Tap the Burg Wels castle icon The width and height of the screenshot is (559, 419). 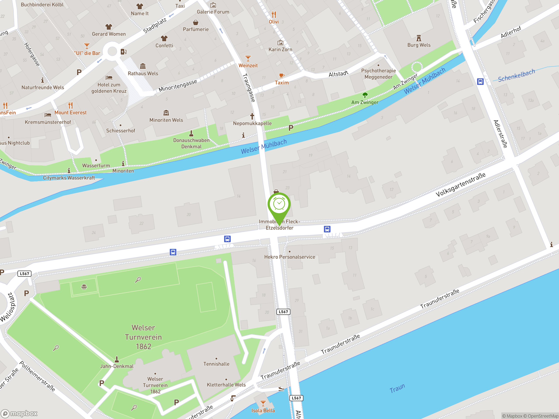[419, 38]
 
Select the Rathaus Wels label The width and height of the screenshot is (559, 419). [143, 74]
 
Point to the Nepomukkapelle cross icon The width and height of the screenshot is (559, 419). [252, 116]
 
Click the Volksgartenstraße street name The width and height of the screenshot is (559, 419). [461, 185]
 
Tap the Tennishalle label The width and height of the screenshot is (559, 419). [216, 364]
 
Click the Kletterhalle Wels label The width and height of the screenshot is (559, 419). [226, 385]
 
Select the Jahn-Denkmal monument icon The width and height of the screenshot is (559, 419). [117, 359]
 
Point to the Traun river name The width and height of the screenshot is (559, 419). [397, 388]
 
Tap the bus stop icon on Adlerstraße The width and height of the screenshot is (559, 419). [480, 82]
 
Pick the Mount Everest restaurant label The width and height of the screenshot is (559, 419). [71, 113]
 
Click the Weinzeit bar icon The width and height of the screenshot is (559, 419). [248, 58]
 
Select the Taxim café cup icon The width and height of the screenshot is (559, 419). [281, 76]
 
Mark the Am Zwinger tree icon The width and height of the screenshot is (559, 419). [365, 95]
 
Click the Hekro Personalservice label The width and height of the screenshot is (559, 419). [290, 257]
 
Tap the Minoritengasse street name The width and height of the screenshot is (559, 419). [178, 86]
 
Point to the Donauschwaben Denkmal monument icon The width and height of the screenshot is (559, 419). [191, 133]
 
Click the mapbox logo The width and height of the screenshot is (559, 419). [19, 414]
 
